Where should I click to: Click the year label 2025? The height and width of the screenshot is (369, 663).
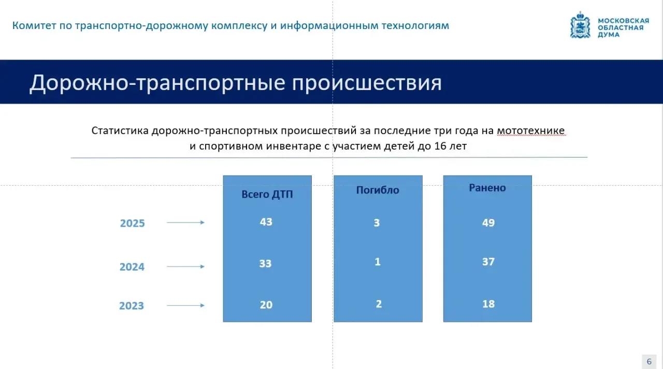pos(132,223)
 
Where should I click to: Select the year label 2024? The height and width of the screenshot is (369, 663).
pos(132,267)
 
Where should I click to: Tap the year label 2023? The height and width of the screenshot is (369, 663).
pos(132,306)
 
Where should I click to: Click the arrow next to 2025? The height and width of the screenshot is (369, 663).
pos(185,223)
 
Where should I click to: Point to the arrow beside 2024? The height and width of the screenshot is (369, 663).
pos(185,267)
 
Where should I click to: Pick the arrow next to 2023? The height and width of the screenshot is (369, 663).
pos(185,305)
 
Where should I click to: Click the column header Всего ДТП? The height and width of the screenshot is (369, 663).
pos(267,194)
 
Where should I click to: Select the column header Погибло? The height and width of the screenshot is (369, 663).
pos(378,190)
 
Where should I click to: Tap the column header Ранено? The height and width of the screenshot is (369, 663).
pos(487,188)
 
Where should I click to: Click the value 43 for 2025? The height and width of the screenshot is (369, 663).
pos(266,222)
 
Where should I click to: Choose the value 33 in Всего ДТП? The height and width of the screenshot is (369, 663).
pos(266,263)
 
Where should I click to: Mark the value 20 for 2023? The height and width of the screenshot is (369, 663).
pos(266,305)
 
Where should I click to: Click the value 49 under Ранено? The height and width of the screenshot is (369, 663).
pos(488,223)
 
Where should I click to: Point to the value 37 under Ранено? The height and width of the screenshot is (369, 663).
pos(488,262)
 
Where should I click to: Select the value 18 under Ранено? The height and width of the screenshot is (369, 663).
pos(488,304)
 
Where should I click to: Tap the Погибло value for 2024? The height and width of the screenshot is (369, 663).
pos(378,262)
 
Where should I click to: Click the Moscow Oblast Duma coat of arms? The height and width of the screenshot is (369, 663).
pos(580,25)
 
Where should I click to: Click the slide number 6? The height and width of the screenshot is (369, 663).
pos(649,362)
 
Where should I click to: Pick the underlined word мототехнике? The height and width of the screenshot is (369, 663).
pos(531,130)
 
